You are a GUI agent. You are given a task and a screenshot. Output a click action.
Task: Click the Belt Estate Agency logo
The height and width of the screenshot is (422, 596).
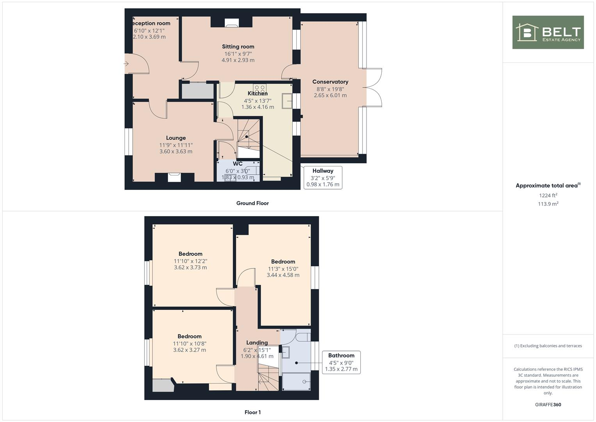pos(548,32)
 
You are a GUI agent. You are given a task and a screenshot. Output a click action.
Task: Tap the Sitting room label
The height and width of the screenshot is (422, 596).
pos(238,46)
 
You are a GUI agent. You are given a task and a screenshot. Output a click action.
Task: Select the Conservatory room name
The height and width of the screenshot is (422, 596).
pos(330,82)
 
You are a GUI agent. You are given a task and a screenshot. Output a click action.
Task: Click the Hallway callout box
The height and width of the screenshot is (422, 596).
pos(323,177)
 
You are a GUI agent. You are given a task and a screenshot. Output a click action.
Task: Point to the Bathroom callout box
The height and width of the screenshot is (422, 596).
pos(341,362)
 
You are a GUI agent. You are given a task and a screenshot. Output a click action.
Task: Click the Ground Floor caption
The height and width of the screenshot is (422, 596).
pos(253,203)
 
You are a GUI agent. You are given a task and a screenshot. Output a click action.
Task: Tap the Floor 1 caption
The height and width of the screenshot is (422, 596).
pos(253,412)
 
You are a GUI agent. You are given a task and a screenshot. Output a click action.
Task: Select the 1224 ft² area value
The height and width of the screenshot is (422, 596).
pos(548,195)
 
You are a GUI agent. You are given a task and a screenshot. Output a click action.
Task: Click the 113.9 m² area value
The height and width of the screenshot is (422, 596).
pos(548,204)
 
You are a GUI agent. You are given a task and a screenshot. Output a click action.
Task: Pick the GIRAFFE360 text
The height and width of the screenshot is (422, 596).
pos(548,405)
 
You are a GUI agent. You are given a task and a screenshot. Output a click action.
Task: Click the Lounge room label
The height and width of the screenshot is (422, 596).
pos(176,138)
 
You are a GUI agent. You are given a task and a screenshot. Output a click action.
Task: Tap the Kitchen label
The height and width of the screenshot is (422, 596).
pos(258,93)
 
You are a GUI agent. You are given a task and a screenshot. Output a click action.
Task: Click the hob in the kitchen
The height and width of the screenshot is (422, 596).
pos(260,88)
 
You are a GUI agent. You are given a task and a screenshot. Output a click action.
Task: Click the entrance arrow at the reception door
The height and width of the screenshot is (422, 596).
pos(126,64)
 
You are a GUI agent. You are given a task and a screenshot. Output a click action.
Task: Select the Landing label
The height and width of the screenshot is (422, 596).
pos(257,343)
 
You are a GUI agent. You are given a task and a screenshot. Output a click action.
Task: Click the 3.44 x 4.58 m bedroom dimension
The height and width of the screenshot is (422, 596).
pos(283,275)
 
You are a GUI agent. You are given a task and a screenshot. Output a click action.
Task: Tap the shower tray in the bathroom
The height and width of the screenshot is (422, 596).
pos(296,381)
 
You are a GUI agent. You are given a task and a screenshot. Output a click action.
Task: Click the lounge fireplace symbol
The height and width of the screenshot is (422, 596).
pos(174,177)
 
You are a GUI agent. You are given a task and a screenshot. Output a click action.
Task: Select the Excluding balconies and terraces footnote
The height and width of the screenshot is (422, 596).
pos(548,346)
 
